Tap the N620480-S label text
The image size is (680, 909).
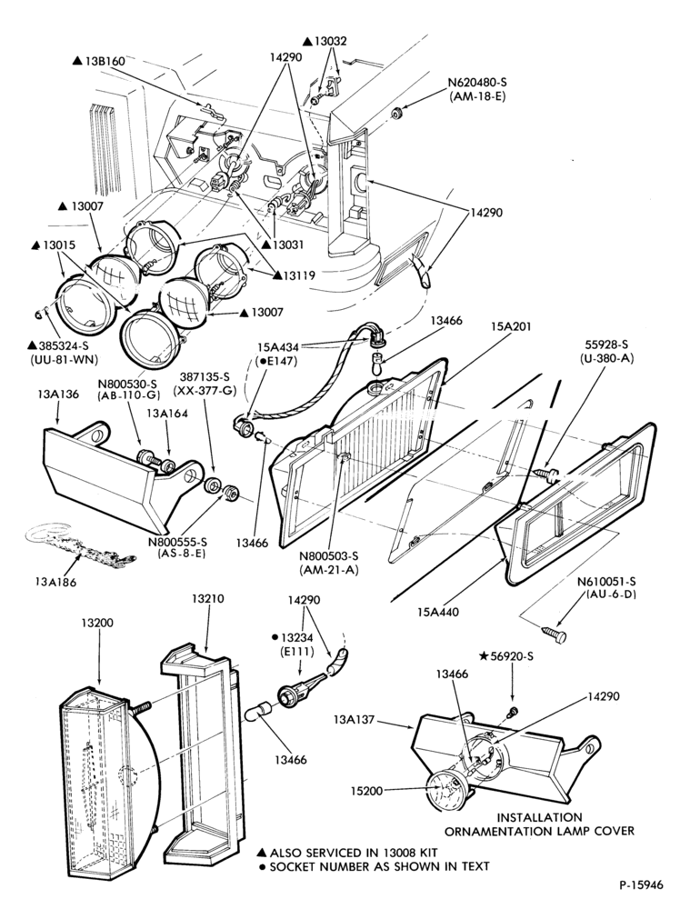[476, 83]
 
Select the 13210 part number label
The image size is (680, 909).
[208, 599]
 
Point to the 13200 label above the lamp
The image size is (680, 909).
[97, 624]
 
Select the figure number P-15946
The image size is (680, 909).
[640, 884]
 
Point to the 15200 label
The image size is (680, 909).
[366, 791]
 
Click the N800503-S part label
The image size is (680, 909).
[329, 556]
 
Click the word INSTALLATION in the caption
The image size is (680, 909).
[539, 817]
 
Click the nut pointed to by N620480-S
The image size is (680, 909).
[397, 113]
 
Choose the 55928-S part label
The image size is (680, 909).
[606, 345]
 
